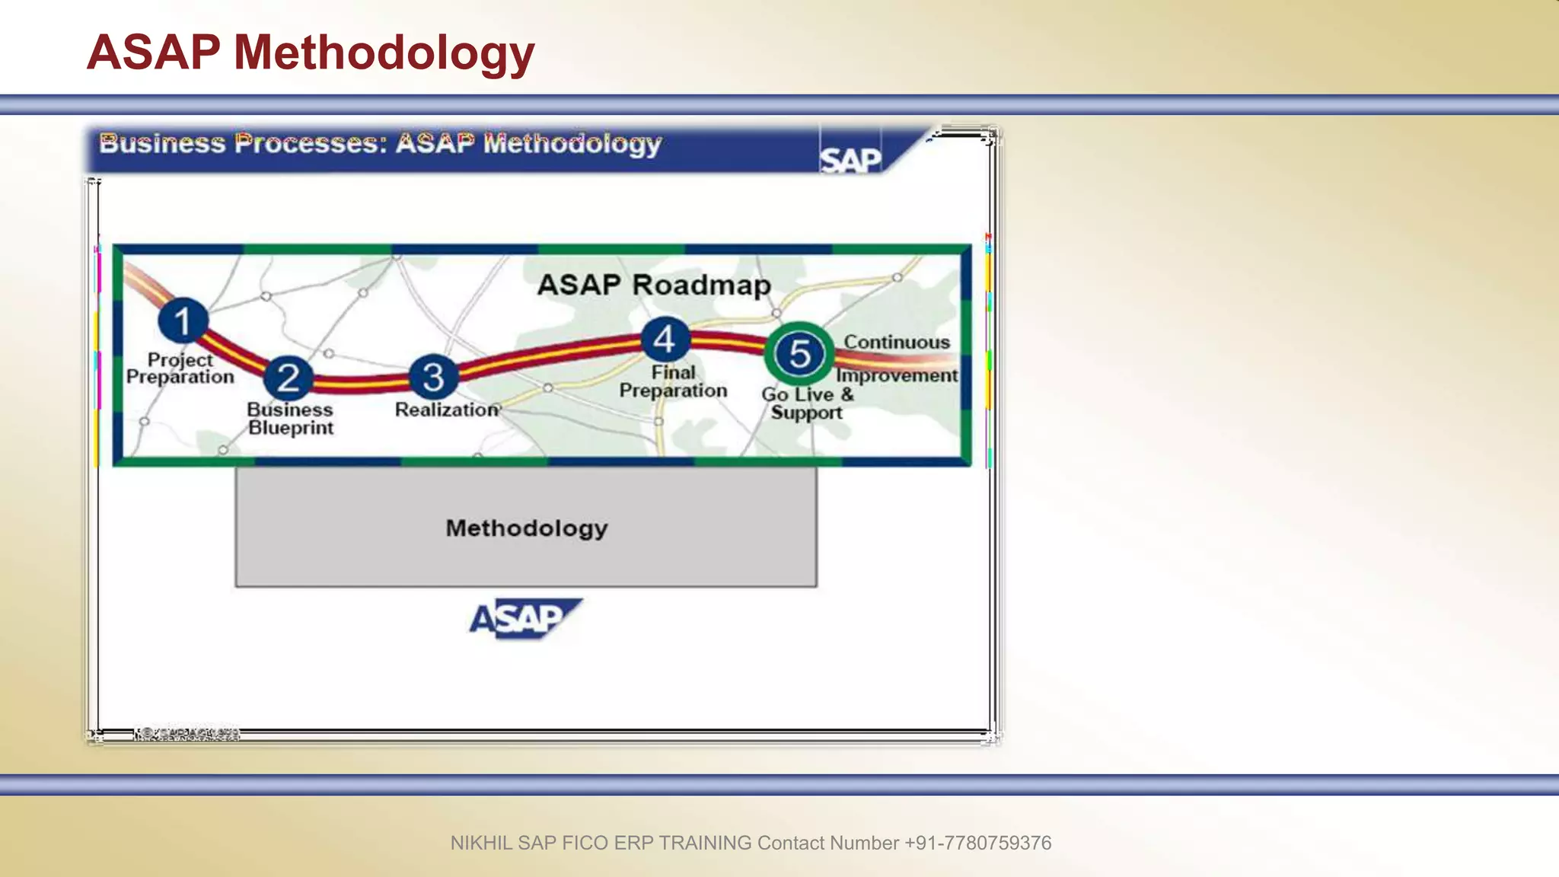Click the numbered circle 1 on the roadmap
(183, 321)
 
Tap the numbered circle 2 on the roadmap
(289, 378)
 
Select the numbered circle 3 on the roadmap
(433, 377)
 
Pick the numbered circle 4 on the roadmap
(665, 340)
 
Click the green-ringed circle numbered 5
(799, 354)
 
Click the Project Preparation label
(180, 368)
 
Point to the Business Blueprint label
(290, 419)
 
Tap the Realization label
(447, 410)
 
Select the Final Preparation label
(673, 381)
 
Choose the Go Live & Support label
(807, 403)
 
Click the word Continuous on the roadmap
(897, 343)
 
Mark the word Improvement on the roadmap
(897, 375)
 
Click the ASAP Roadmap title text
(654, 285)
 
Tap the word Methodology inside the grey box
(527, 528)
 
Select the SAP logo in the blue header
(850, 160)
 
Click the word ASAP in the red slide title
(154, 53)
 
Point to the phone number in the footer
(977, 843)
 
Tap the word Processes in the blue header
(311, 143)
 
